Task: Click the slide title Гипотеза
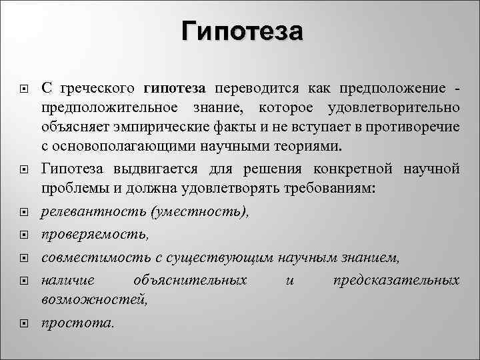point(242,31)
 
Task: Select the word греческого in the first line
point(99,89)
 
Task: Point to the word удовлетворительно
point(393,107)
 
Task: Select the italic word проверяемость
point(93,235)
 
